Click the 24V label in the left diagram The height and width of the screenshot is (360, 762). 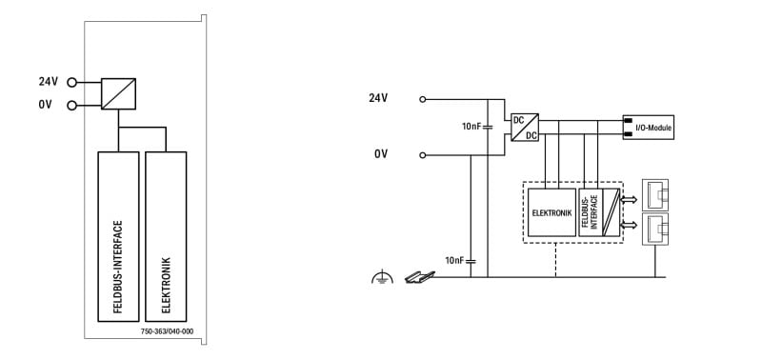pyautogui.click(x=49, y=82)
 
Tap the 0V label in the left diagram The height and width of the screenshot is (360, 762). pyautogui.click(x=45, y=105)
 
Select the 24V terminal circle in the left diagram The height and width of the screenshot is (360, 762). pyautogui.click(x=72, y=83)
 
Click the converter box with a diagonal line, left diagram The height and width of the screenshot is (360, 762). pyautogui.click(x=118, y=93)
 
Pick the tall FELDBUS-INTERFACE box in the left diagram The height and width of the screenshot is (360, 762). pyautogui.click(x=118, y=236)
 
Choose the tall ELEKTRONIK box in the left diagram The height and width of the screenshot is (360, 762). pyautogui.click(x=166, y=236)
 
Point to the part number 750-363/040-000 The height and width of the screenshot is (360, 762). pyautogui.click(x=167, y=331)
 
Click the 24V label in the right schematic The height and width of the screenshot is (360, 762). pyautogui.click(x=378, y=98)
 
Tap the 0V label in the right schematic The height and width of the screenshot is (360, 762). pyautogui.click(x=381, y=154)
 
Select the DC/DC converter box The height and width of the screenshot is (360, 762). pyautogui.click(x=525, y=128)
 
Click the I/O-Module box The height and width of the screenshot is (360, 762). pyautogui.click(x=649, y=128)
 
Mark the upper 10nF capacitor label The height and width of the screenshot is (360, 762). pyautogui.click(x=471, y=127)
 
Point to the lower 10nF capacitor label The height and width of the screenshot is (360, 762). pyautogui.click(x=455, y=260)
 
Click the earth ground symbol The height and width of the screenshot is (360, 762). pyautogui.click(x=382, y=276)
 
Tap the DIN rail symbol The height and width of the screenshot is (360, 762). pyautogui.click(x=419, y=277)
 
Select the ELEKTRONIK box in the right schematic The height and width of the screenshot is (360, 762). pyautogui.click(x=551, y=212)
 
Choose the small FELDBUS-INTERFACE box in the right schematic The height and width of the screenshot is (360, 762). pyautogui.click(x=591, y=212)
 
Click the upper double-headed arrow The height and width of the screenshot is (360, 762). pyautogui.click(x=629, y=199)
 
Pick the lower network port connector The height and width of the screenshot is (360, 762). pyautogui.click(x=655, y=229)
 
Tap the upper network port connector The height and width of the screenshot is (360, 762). pyautogui.click(x=655, y=195)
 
